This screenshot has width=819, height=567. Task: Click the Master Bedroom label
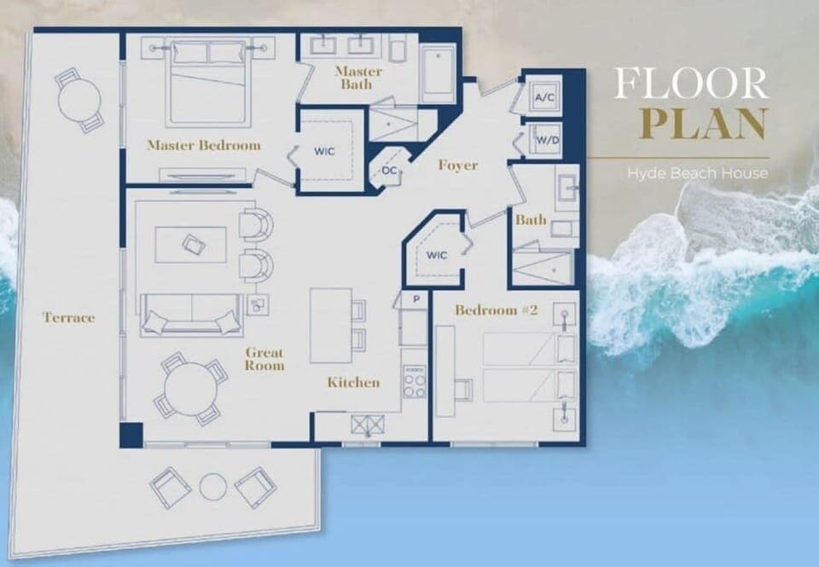(x=203, y=145)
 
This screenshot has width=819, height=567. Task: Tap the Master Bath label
(x=358, y=78)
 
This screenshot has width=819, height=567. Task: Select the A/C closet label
(x=544, y=98)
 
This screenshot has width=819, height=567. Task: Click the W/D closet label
(x=544, y=141)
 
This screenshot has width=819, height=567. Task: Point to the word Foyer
(x=457, y=165)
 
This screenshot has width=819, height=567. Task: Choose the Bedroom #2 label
(x=496, y=310)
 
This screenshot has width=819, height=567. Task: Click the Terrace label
(x=68, y=318)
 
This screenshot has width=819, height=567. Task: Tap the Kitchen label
(x=353, y=383)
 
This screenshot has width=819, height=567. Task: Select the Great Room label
(x=264, y=359)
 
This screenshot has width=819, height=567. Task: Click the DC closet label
(x=389, y=171)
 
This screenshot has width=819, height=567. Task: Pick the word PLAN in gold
(x=703, y=123)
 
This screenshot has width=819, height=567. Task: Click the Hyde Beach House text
(x=697, y=173)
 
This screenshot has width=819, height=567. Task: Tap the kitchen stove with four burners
(x=414, y=383)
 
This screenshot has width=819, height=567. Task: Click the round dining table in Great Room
(x=191, y=389)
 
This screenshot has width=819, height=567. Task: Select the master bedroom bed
(x=208, y=81)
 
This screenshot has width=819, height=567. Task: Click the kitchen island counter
(x=330, y=325)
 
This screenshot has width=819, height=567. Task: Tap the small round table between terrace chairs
(x=212, y=487)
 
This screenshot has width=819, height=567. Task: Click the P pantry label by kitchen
(x=415, y=300)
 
